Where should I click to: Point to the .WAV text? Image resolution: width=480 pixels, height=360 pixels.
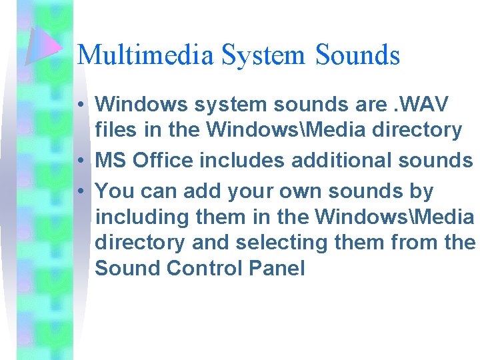420,104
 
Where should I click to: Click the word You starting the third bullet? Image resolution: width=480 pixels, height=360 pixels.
115,191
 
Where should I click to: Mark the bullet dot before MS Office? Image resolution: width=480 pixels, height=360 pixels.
80,161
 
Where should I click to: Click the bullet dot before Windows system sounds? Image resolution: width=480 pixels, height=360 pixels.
80,105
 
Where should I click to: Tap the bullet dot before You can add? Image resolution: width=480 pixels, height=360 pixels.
80,192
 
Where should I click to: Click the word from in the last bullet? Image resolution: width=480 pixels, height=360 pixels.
406,243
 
